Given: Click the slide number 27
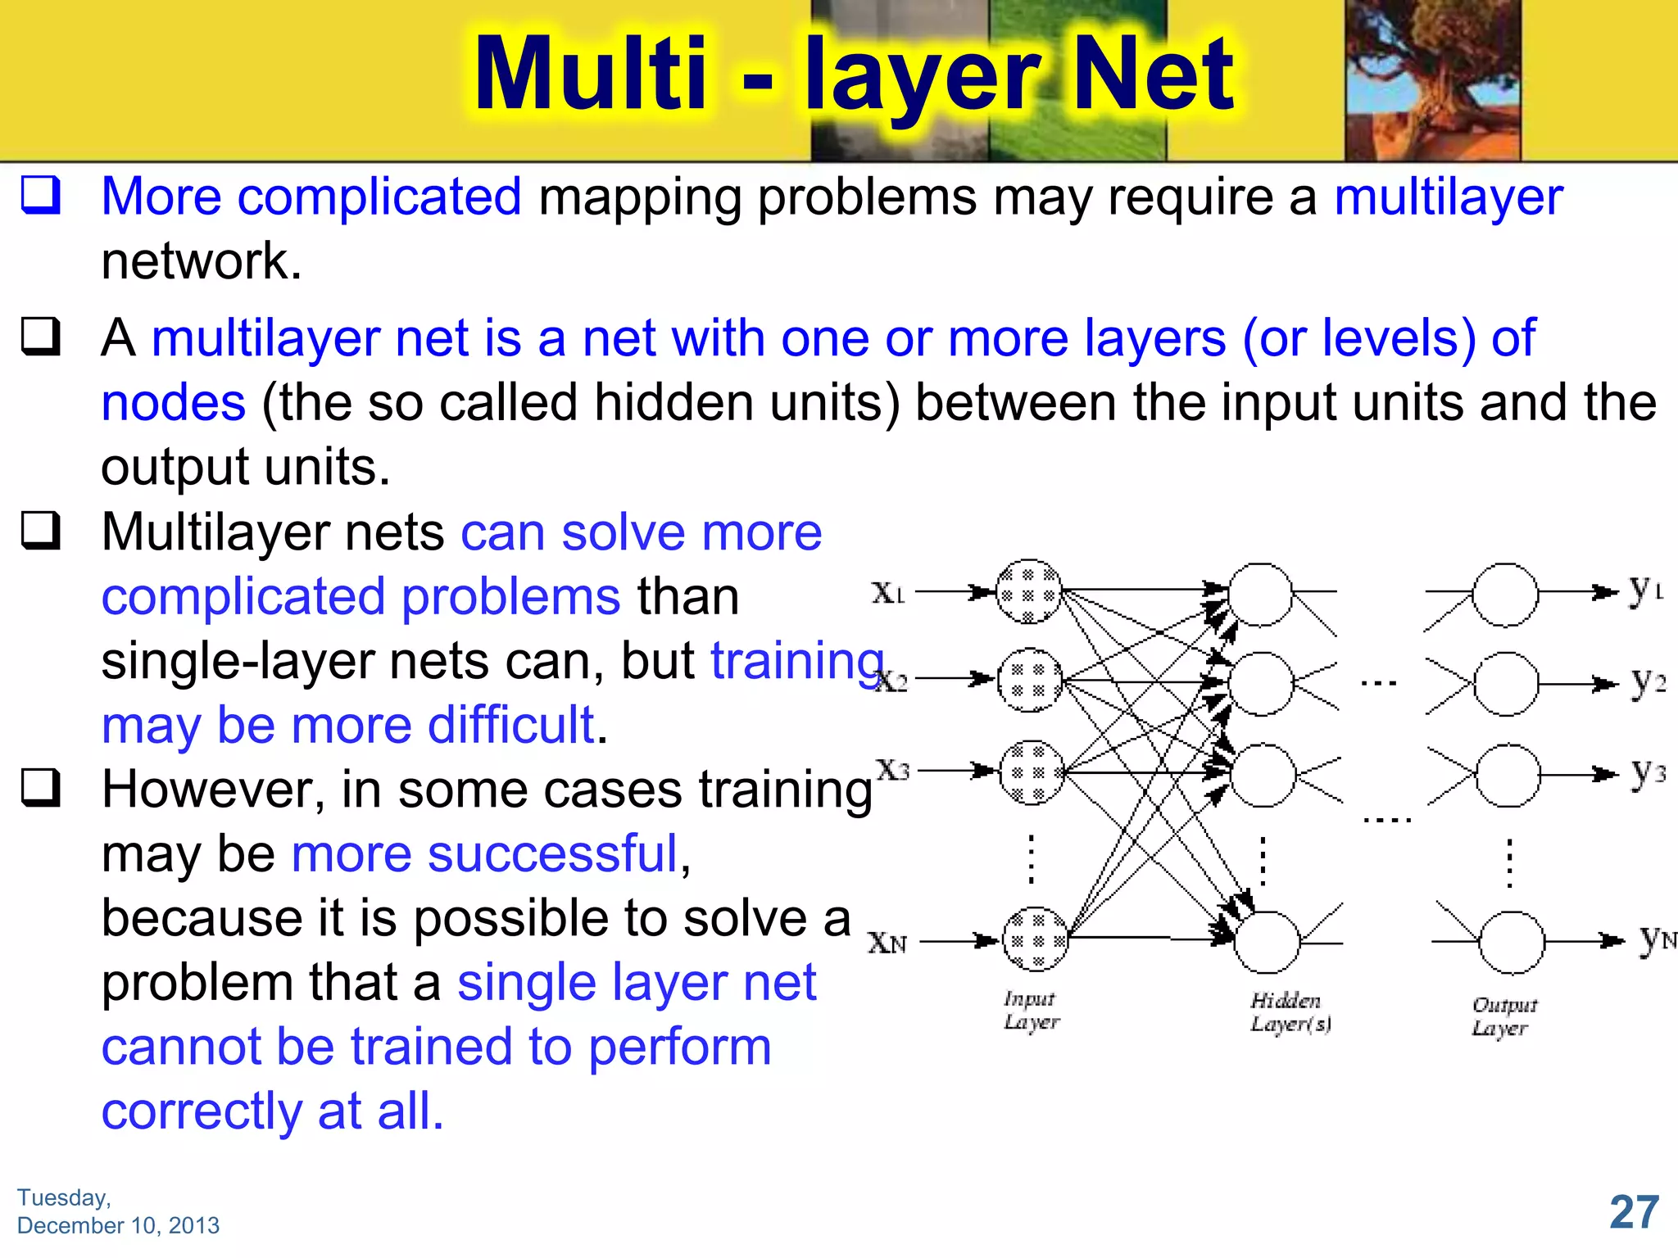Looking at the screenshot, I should point(1634,1212).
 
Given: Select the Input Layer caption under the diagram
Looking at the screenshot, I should point(1031,1010).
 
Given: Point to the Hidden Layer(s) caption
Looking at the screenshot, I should point(1290,1012).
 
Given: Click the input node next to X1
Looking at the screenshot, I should point(1029,591).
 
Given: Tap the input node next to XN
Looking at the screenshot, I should point(1036,939).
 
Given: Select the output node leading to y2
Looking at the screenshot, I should point(1506,684).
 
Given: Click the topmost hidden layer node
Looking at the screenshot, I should point(1260,594).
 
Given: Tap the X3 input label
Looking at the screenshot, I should point(892,770).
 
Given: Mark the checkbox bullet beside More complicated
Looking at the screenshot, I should point(40,196).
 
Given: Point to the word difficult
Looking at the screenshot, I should point(511,725).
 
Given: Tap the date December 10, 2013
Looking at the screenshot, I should point(118,1225).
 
